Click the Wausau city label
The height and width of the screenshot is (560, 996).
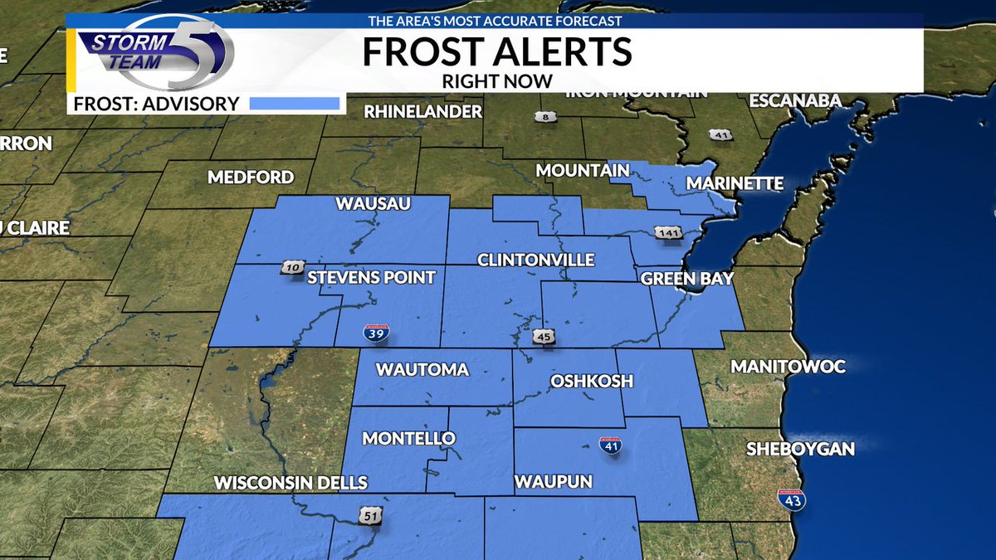(373, 204)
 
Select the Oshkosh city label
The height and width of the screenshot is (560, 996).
(592, 381)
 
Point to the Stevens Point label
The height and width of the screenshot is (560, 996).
(371, 277)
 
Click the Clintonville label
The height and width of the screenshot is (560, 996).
(535, 260)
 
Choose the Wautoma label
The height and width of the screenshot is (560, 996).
(422, 370)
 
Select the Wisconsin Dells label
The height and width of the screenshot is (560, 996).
(290, 483)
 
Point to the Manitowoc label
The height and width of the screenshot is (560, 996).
(788, 366)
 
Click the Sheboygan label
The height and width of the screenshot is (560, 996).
(800, 449)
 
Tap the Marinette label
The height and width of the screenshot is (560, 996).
(735, 183)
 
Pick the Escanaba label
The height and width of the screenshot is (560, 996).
(795, 100)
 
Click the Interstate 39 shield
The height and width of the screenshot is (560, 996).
(375, 334)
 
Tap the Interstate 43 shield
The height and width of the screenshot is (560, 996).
(790, 499)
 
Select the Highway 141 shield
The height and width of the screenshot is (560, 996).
(668, 233)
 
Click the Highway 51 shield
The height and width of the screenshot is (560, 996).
(370, 515)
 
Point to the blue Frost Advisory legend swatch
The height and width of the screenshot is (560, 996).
(295, 104)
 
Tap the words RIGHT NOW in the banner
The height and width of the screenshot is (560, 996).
(497, 81)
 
